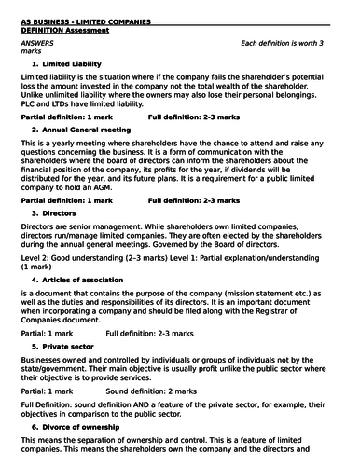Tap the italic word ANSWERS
click(x=36, y=43)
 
